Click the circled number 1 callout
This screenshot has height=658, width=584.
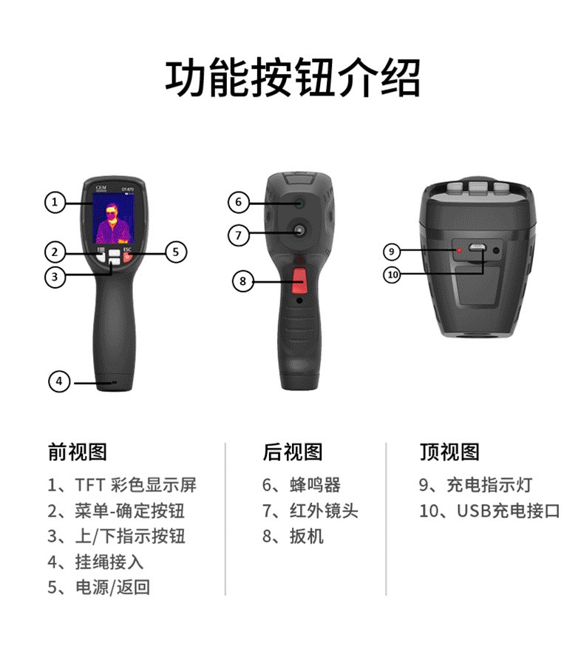coord(55,202)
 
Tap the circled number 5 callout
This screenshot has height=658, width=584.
coord(176,252)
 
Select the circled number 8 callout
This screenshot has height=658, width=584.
coord(242,281)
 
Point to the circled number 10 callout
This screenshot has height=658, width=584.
coord(393,275)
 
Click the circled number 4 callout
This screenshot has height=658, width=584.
coord(59,381)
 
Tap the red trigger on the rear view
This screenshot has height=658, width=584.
coord(299,281)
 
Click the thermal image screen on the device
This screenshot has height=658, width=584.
coord(113,218)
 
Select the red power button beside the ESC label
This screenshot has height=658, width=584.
coord(128,258)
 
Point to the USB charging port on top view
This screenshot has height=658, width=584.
coord(477,248)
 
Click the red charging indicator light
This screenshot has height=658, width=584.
coord(460,250)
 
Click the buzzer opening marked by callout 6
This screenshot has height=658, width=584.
coord(299,203)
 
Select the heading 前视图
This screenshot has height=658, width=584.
coord(78,452)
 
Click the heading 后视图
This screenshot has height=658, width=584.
coord(293,452)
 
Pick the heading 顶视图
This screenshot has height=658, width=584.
coord(450,452)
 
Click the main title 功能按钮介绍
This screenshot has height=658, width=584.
coord(292,78)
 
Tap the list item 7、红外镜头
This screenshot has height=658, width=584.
coord(310,511)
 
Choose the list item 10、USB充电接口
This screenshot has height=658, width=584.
coord(489,511)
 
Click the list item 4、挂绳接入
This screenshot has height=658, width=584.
coord(95,562)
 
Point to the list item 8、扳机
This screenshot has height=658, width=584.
coord(293,537)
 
